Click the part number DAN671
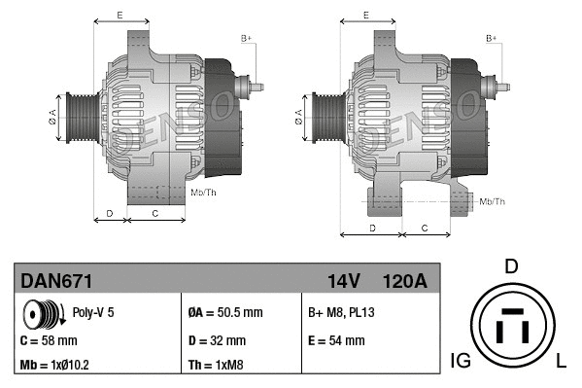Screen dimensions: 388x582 (x=56, y=281)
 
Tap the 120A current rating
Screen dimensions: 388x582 (x=404, y=281)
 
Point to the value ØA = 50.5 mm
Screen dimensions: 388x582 (x=224, y=313)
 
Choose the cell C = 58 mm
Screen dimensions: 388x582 (x=49, y=340)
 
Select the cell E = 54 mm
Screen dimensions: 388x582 (x=336, y=340)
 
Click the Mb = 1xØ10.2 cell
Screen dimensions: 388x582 (x=56, y=366)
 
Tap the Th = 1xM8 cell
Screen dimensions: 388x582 (x=216, y=366)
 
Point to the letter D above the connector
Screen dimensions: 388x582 (x=512, y=266)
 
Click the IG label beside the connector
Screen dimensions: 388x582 (x=461, y=362)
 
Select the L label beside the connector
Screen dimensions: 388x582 (x=563, y=362)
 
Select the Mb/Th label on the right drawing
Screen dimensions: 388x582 (x=493, y=201)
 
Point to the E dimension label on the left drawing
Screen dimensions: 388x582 (x=120, y=15)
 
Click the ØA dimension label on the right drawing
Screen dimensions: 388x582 (x=298, y=120)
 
